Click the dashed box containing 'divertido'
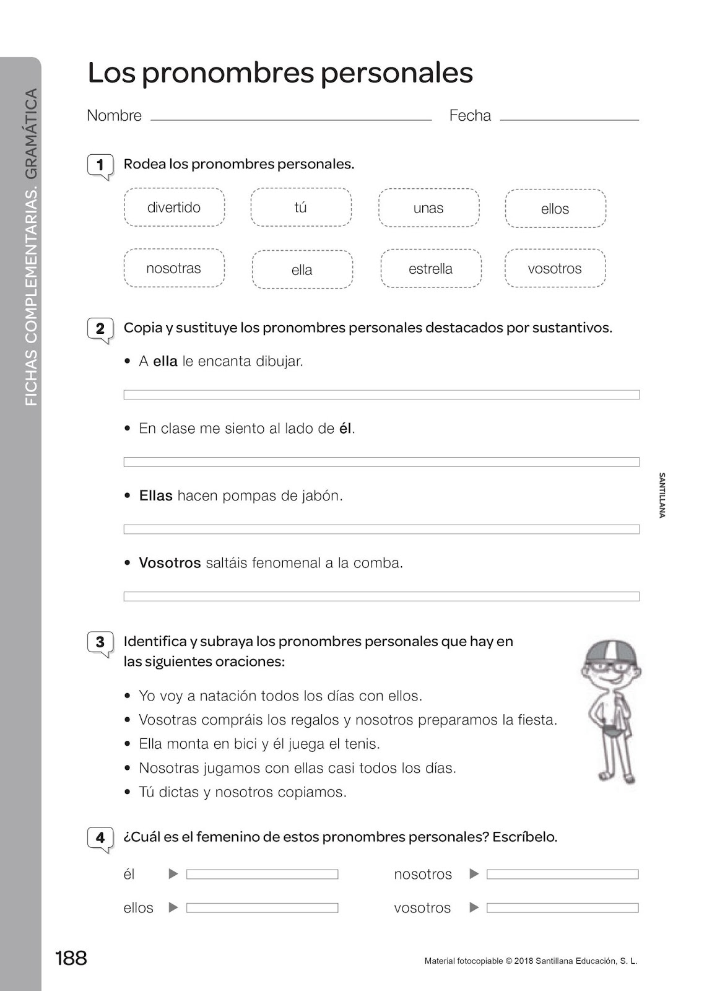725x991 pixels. (x=174, y=207)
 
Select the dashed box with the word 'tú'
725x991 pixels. (x=301, y=207)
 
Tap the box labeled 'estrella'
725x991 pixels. (x=431, y=268)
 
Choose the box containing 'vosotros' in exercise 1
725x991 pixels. (x=555, y=268)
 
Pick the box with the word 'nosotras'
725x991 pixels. (x=174, y=268)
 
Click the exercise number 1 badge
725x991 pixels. (x=100, y=165)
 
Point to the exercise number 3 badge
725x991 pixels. (x=100, y=642)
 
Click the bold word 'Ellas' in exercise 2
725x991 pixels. (x=155, y=495)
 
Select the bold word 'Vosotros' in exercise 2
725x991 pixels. (x=170, y=563)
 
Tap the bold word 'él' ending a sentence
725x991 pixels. (x=345, y=429)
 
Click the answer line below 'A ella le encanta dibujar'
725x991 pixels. (x=381, y=395)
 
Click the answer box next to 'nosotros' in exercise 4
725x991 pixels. (x=562, y=875)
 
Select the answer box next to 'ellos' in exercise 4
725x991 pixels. (x=262, y=908)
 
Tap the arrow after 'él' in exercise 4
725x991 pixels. (x=173, y=874)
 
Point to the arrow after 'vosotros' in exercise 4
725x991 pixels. (x=474, y=907)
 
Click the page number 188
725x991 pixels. (x=71, y=958)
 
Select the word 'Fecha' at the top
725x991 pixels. (x=470, y=116)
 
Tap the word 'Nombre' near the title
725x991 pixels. (x=114, y=116)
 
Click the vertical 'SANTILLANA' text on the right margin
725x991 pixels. (x=662, y=495)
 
